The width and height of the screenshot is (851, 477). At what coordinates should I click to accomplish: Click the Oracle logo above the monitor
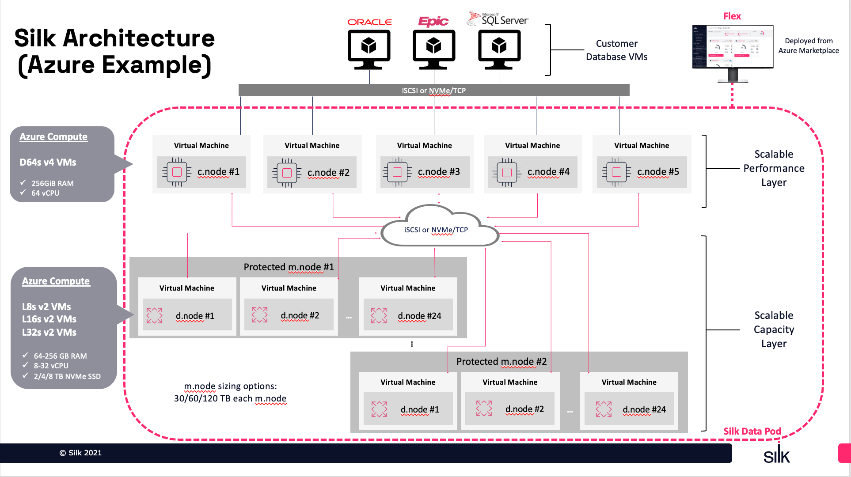click(x=369, y=22)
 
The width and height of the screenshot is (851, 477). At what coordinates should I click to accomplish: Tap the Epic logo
click(x=433, y=21)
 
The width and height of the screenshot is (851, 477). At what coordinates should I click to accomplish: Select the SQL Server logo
click(x=498, y=19)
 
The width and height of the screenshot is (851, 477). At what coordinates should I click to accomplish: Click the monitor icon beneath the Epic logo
click(x=434, y=49)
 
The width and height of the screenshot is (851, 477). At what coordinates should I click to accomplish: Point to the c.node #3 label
click(x=439, y=172)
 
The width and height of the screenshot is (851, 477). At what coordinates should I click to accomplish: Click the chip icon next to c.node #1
click(x=177, y=172)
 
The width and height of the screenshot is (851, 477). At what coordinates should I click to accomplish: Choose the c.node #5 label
click(x=658, y=172)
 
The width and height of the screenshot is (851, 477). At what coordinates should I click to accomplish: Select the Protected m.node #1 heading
click(x=289, y=267)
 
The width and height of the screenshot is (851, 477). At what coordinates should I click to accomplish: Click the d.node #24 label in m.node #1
click(x=419, y=316)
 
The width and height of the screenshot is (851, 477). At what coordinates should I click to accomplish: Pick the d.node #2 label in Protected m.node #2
click(x=524, y=409)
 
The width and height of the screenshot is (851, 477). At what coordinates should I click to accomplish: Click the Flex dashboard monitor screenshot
click(x=732, y=48)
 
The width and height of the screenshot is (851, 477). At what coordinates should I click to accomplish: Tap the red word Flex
click(x=732, y=16)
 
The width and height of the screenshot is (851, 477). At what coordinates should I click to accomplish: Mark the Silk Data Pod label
click(x=752, y=431)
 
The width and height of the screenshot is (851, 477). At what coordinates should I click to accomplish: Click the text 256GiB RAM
click(x=52, y=183)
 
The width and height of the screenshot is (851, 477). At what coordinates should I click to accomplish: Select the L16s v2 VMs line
click(x=49, y=319)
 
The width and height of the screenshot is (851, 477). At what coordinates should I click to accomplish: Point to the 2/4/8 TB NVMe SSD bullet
click(x=67, y=376)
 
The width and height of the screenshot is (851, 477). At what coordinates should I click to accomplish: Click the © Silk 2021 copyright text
click(x=80, y=453)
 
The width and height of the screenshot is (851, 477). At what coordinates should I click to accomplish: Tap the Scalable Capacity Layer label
click(x=774, y=329)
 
